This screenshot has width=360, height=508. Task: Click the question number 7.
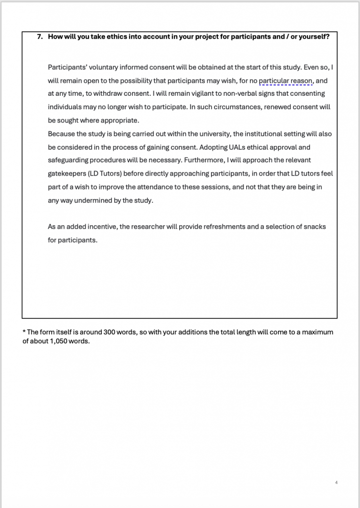(x=40, y=37)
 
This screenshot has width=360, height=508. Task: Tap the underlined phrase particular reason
(x=286, y=80)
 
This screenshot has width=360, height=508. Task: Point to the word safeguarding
(x=69, y=160)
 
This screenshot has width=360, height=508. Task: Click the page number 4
(x=337, y=482)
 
